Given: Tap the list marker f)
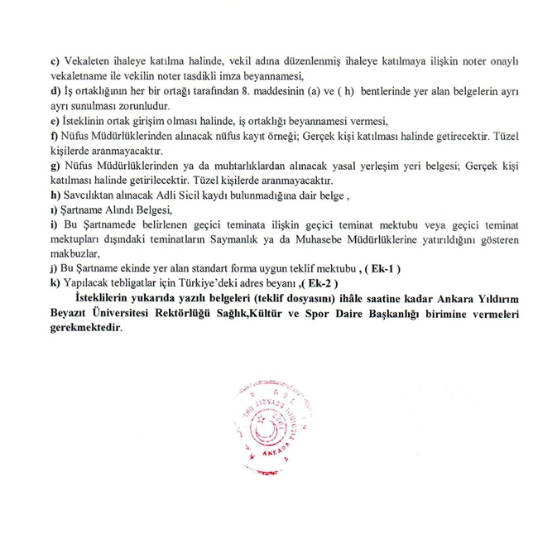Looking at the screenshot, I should [x=55, y=136].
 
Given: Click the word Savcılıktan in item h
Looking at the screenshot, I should [x=91, y=195].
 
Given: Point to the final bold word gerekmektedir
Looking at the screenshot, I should [x=86, y=328].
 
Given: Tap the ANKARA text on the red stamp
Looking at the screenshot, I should [x=276, y=452].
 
